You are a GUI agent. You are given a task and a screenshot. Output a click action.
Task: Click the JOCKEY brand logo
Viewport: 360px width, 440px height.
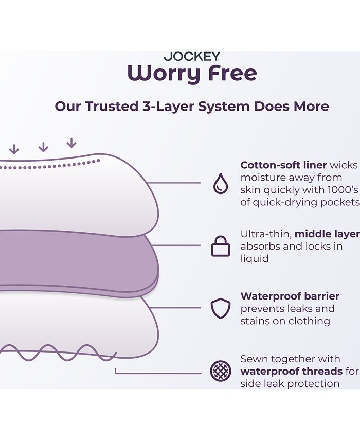click(192, 57)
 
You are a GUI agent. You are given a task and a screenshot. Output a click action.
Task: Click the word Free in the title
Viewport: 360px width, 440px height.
click(232, 74)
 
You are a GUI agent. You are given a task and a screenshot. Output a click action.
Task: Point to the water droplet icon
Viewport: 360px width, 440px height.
click(221, 183)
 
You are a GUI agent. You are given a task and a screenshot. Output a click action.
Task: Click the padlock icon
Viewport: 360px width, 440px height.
click(221, 247)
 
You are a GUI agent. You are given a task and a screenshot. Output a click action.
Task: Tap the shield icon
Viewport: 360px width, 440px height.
click(221, 308)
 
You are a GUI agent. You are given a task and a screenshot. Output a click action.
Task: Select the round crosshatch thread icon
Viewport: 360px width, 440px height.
click(221, 371)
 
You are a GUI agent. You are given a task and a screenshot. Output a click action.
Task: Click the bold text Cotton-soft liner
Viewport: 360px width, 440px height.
click(283, 165)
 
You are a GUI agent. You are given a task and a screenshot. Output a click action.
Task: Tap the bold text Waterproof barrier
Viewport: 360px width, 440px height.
click(290, 296)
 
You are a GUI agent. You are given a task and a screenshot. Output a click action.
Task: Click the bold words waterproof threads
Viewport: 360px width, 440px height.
click(291, 371)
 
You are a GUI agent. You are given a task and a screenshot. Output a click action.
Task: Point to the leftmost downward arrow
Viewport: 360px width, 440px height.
click(14, 149)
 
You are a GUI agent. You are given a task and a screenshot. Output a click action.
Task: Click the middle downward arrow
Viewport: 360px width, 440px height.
click(43, 147)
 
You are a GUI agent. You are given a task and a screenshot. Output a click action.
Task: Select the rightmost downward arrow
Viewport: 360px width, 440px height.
click(71, 143)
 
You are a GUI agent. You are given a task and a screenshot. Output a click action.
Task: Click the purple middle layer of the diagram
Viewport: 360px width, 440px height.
click(77, 260)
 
